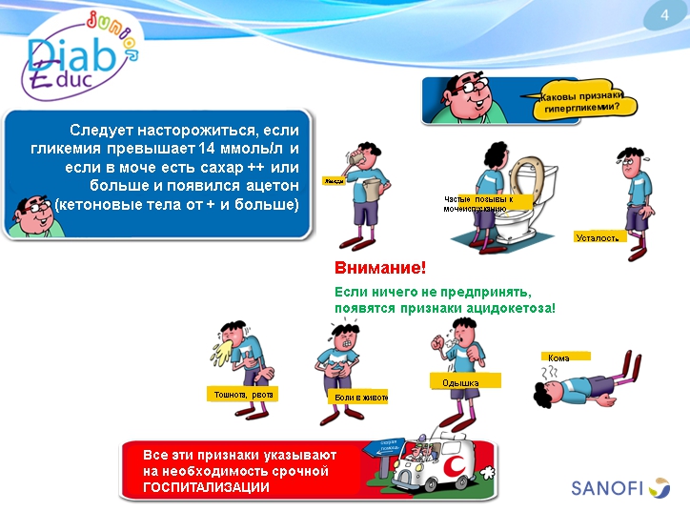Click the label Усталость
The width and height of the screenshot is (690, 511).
[600, 236]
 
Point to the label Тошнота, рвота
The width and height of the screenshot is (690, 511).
[242, 394]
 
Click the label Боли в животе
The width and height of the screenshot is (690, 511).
[359, 397]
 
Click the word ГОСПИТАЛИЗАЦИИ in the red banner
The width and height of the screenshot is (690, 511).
[206, 486]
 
